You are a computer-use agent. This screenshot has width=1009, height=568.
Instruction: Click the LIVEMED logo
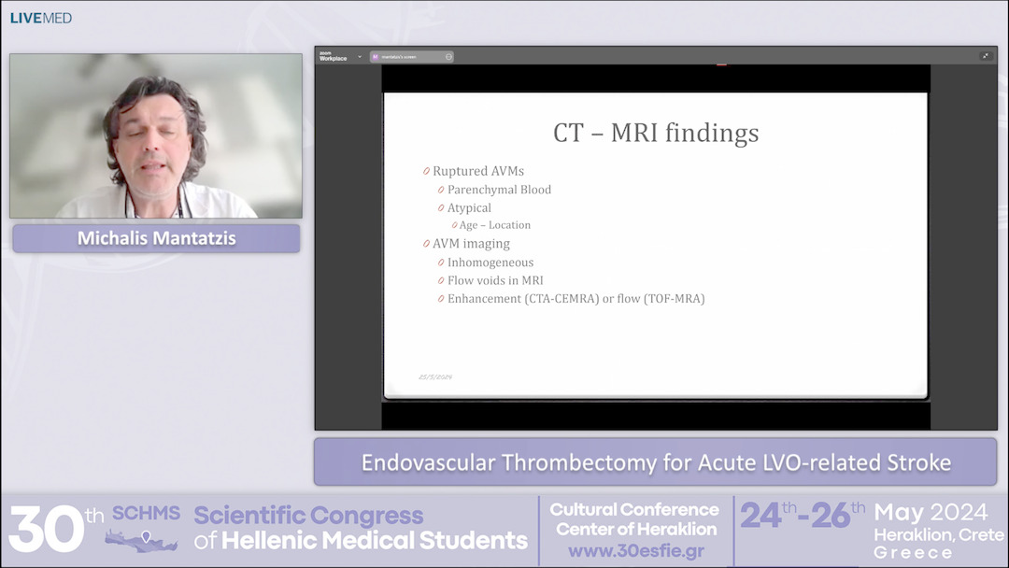coord(41,18)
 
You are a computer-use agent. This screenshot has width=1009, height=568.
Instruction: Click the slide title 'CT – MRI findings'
coord(656,133)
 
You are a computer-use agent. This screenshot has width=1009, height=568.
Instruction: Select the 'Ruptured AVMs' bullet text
coord(477,171)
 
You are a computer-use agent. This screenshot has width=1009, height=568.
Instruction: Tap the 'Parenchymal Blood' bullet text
coord(499,190)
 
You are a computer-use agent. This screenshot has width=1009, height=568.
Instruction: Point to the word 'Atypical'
coord(469,207)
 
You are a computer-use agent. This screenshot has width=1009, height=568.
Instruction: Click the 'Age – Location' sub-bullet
coord(494,225)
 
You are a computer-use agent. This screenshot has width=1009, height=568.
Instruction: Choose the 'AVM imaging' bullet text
coord(471,244)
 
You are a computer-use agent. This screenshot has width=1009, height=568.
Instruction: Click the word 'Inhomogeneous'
coord(490,263)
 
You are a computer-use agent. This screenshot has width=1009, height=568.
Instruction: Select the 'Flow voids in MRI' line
coord(495,280)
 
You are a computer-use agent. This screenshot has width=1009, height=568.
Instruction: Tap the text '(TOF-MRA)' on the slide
coord(674,299)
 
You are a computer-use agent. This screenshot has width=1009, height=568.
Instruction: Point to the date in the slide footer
coord(435,376)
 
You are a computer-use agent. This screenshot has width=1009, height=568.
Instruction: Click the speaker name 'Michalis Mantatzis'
coord(156,238)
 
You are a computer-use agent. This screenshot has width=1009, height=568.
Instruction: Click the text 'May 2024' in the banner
coord(931,513)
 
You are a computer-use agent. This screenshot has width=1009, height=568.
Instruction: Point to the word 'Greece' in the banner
coord(913,553)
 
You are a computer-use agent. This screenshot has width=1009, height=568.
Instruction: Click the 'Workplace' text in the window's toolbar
coord(333,59)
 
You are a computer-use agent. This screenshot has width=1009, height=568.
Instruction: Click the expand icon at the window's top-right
coord(985,56)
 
